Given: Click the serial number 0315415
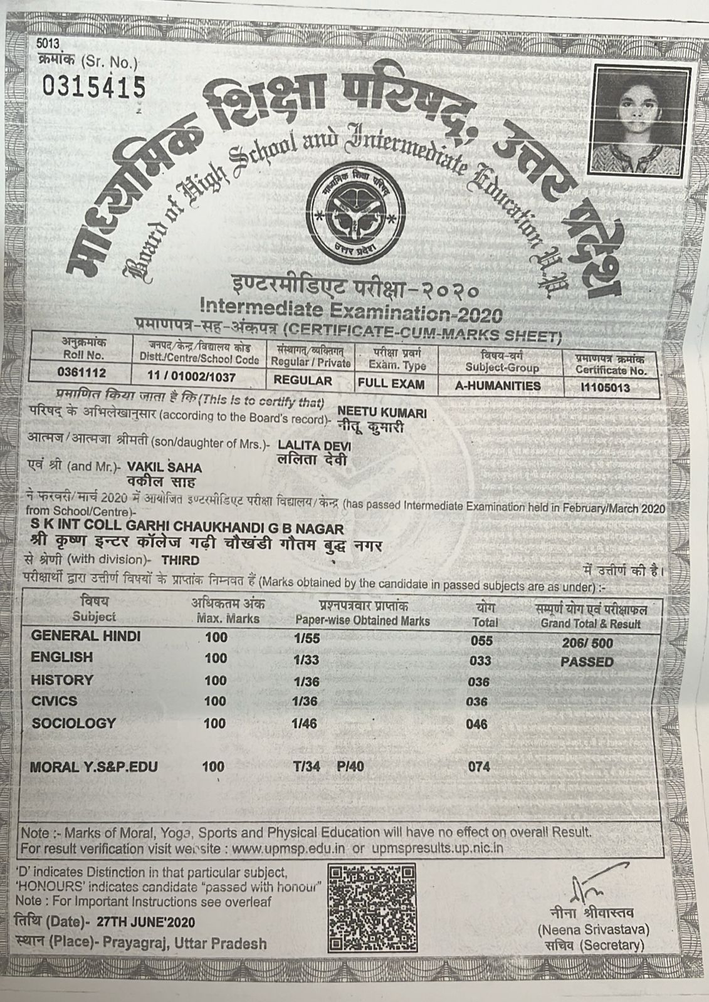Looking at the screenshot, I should tap(93, 87).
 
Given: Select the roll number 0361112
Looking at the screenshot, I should tap(81, 373).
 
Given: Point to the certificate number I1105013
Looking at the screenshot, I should tap(606, 387).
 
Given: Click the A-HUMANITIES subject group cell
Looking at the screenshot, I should tap(498, 386).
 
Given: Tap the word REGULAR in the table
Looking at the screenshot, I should tap(303, 381).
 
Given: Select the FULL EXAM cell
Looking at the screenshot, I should tap(391, 384).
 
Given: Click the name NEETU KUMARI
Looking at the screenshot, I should tap(382, 413).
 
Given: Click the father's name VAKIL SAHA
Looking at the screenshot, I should tap(164, 468).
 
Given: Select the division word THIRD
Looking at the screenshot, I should tap(180, 560).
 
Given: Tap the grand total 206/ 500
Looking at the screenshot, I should tap(587, 643).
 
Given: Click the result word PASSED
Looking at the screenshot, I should tap(587, 662).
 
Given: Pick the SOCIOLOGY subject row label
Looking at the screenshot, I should tap(74, 723).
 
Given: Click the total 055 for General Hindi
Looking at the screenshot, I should tap(481, 641).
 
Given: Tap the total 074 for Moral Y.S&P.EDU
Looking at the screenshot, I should tap(479, 766).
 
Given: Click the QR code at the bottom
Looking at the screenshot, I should tap(372, 907).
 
